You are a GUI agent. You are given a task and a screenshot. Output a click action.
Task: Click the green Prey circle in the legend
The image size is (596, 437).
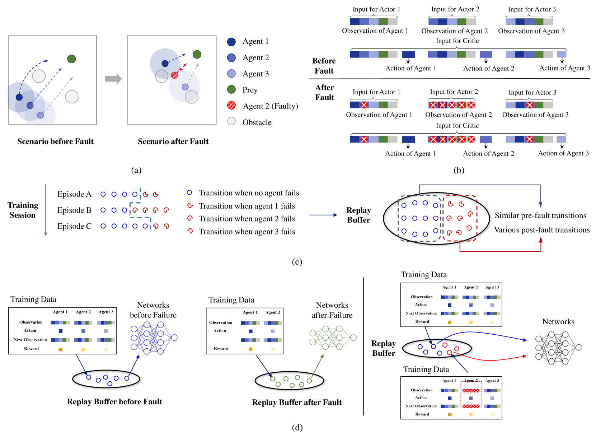click(231, 89)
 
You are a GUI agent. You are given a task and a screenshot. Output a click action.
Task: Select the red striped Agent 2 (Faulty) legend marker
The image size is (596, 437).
click(231, 105)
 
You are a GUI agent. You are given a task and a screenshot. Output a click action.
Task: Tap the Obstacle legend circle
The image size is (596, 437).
click(231, 121)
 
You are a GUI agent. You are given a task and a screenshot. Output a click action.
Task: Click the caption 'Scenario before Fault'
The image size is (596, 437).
click(55, 141)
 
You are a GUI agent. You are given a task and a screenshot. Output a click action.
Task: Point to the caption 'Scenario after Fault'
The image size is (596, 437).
click(173, 141)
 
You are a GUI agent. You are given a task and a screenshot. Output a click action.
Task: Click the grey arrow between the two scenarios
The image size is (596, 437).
click(113, 79)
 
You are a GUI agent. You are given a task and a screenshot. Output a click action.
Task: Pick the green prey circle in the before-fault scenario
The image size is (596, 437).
click(71, 59)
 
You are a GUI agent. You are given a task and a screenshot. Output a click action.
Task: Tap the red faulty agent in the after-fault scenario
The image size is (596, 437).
click(175, 75)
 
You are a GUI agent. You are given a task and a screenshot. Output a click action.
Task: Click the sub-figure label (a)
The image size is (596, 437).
click(136, 170)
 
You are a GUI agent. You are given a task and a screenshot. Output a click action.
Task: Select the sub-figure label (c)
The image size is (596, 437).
click(297, 262)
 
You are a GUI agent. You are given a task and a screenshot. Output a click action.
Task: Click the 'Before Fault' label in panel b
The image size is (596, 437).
click(324, 66)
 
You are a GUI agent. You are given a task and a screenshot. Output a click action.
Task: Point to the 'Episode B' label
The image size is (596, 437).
click(74, 210)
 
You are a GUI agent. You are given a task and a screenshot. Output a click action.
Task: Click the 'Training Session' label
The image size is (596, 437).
click(23, 210)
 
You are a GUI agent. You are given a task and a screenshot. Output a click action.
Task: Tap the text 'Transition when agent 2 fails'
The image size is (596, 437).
click(247, 219)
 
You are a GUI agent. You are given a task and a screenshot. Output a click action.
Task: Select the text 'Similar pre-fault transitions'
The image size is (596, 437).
click(540, 215)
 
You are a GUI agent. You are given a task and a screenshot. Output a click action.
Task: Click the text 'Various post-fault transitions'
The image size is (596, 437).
click(542, 230)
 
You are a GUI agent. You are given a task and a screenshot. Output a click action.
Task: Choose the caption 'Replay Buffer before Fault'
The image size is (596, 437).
click(114, 402)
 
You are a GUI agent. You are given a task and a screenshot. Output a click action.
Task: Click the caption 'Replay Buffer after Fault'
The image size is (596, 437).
click(297, 403)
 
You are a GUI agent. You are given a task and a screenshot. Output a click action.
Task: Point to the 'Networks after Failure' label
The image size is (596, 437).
click(332, 310)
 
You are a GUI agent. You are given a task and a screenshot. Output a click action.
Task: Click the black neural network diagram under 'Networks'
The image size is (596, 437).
click(558, 348)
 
